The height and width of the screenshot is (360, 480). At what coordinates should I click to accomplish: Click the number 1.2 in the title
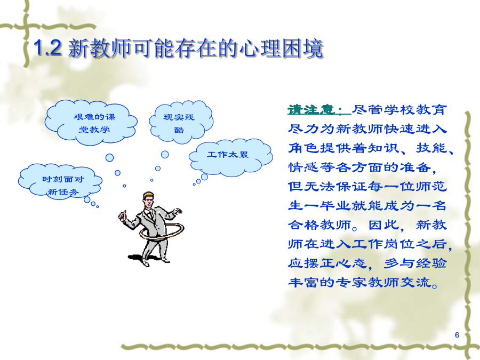47,48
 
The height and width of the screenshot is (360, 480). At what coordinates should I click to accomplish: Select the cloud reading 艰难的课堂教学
91,123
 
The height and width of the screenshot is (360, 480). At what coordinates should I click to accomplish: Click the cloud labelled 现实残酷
181,122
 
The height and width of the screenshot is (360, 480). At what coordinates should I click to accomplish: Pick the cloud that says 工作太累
230,157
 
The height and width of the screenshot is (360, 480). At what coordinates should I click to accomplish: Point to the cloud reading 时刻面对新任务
60,182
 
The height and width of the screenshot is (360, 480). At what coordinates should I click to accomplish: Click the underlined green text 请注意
318,109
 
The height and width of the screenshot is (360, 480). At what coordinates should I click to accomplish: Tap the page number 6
457,335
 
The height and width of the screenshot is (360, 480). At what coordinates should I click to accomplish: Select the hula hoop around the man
162,231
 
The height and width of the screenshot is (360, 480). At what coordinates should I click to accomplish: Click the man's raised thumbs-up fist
122,215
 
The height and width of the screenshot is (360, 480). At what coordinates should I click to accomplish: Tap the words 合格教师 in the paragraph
319,225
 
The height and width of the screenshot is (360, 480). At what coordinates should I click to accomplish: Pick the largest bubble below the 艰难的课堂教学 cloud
109,158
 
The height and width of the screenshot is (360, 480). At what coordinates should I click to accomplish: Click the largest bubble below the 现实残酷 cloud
165,155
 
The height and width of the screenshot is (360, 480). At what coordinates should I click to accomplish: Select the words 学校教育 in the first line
415,109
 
